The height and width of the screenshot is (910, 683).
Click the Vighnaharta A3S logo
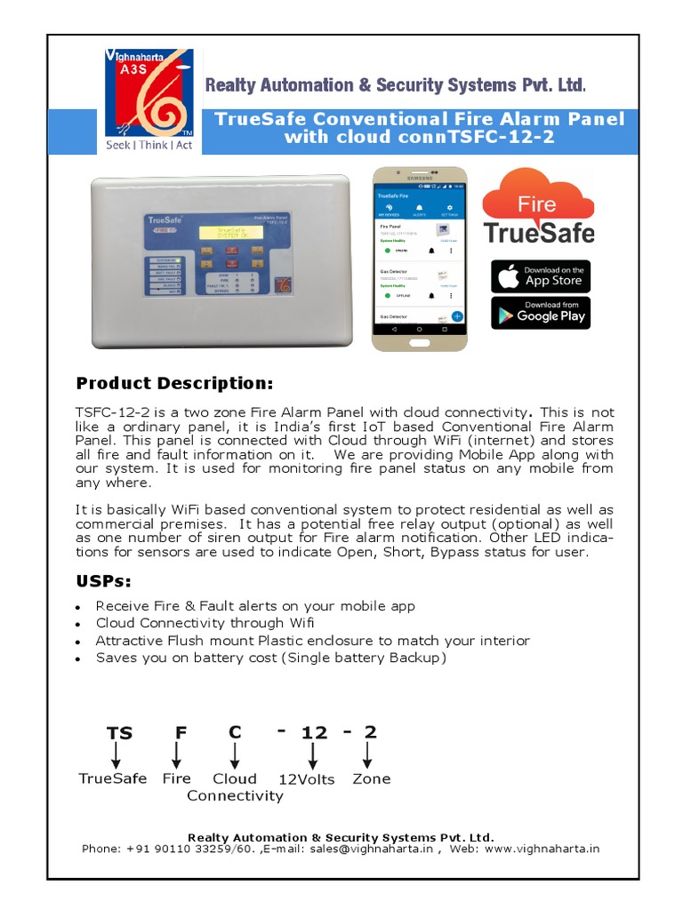pyautogui.click(x=149, y=92)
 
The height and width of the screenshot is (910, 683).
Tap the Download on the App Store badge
pyautogui.click(x=540, y=275)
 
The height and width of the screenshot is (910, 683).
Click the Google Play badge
pyautogui.click(x=540, y=312)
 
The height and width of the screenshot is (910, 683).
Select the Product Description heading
pyautogui.click(x=174, y=383)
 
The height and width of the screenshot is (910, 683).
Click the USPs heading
pyautogui.click(x=103, y=581)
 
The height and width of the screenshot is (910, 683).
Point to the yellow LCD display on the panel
pyautogui.click(x=230, y=232)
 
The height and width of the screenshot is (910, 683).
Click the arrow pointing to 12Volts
pyautogui.click(x=313, y=756)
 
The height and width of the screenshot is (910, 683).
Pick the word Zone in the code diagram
pyautogui.click(x=371, y=778)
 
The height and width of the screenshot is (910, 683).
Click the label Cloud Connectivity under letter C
pyautogui.click(x=235, y=787)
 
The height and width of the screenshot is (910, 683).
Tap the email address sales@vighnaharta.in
pyautogui.click(x=371, y=849)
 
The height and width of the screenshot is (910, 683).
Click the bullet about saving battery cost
pyautogui.click(x=271, y=658)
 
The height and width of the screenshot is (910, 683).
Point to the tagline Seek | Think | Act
pyautogui.click(x=149, y=145)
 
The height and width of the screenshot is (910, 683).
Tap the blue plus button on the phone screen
pyautogui.click(x=456, y=315)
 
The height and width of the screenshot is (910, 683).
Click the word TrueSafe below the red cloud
pyautogui.click(x=539, y=233)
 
